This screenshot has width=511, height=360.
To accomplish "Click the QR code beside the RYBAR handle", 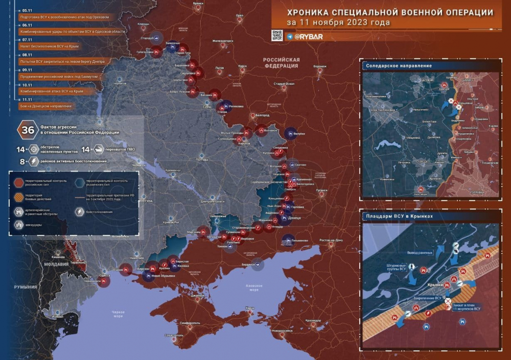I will coord(276,35).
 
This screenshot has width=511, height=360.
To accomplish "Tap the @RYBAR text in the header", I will coord(309,37).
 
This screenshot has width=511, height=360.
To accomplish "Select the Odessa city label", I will coord(105,275).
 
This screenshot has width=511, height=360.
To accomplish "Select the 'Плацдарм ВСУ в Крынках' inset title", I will coord(399,216).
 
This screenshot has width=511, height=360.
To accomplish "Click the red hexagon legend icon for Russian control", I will coord(18,182).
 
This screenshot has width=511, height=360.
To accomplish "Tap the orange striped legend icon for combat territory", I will coord(18,197).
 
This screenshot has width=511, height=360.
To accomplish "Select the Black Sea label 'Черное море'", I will coord(118,314).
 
